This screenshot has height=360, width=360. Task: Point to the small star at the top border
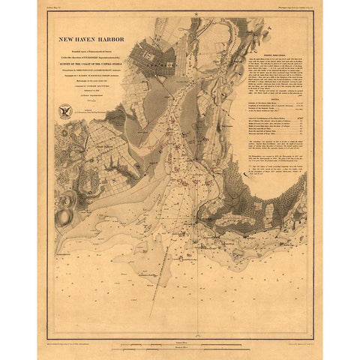[x=193, y=14]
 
